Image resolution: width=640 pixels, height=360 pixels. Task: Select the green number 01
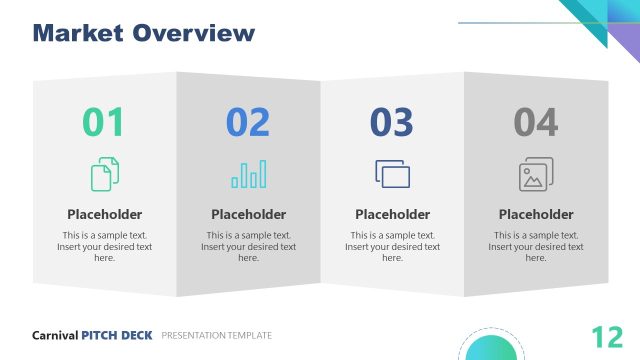pos(104,122)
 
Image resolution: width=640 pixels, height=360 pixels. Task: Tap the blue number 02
pos(248,122)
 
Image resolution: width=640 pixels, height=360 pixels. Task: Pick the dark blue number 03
pos(392,122)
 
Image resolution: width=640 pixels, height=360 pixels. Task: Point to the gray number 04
pos(536,122)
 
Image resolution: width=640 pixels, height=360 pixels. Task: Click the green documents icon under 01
pos(105,174)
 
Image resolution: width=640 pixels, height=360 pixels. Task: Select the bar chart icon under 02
pos(249,174)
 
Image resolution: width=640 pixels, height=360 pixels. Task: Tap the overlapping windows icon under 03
pos(393,174)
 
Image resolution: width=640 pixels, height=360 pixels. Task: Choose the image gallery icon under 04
pos(536,174)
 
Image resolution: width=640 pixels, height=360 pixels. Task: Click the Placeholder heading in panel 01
pos(105,214)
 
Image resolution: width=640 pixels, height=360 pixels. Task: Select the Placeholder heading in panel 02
pos(249,214)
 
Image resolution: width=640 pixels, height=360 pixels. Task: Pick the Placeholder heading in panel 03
pos(393,214)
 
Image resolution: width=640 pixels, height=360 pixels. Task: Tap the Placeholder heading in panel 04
pos(536,214)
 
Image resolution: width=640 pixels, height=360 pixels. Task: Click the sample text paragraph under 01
pos(105,246)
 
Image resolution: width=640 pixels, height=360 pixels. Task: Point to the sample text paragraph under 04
pos(536,246)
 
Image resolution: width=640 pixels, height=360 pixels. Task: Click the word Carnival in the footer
pos(55,335)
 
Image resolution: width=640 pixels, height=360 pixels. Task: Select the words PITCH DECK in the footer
pos(117,335)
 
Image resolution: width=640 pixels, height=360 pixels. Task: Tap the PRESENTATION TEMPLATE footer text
pos(216,335)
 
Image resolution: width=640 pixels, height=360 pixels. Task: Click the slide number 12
pos(607,336)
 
